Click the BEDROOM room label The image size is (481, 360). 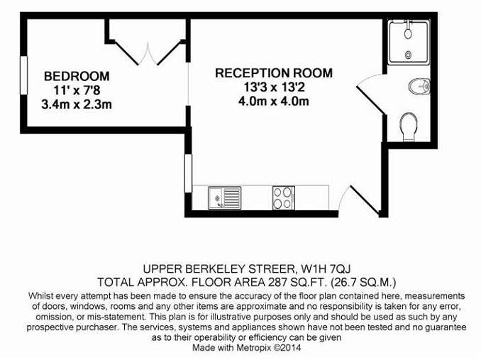tap(77, 76)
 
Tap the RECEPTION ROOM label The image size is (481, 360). tap(274, 73)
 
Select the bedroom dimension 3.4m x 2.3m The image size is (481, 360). tap(77, 104)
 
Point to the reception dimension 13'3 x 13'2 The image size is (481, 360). tap(274, 87)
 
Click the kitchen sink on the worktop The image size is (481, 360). tap(225, 198)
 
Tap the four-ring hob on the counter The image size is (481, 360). tap(284, 198)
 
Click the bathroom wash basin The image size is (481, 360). tap(420, 87)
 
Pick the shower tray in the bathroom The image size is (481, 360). tap(409, 43)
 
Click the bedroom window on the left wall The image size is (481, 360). tap(23, 75)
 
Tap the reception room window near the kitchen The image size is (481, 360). tap(188, 173)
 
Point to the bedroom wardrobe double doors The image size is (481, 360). tap(148, 53)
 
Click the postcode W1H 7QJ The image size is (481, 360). tap(326, 269)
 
